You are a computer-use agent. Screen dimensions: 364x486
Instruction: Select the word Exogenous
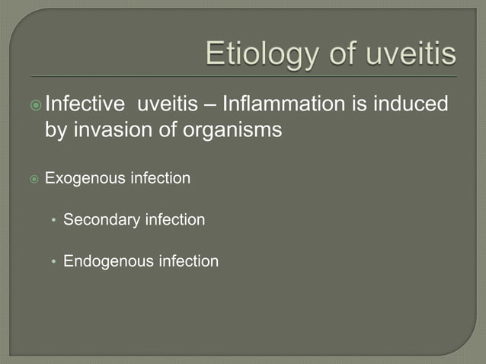(x=85, y=179)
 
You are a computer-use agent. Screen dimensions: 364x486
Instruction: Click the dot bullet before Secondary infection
(x=53, y=221)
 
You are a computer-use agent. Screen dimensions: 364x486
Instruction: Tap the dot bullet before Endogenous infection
(x=53, y=262)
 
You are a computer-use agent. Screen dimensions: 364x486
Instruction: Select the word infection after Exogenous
(x=161, y=179)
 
